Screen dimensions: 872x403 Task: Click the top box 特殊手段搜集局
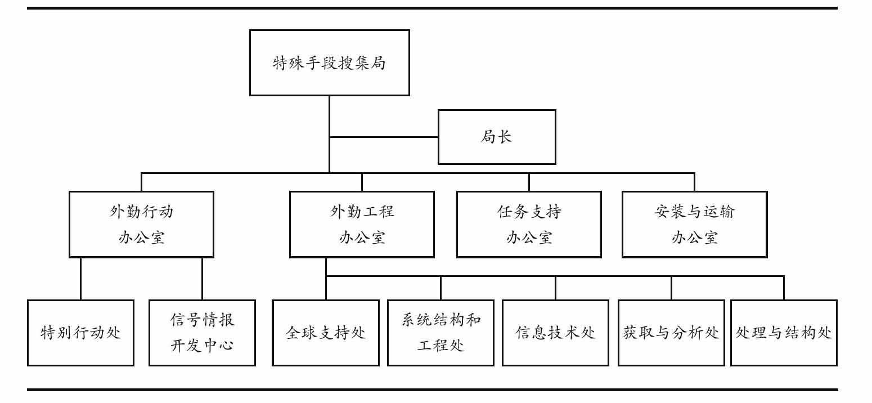click(329, 62)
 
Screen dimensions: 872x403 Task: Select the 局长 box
click(497, 137)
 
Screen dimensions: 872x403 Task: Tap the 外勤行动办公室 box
click(141, 224)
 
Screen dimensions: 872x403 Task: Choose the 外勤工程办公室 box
click(362, 224)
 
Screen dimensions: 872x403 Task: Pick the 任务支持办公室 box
click(529, 224)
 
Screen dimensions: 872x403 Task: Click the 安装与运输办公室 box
click(694, 224)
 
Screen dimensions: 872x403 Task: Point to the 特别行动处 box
click(80, 333)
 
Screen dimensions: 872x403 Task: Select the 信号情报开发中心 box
click(202, 333)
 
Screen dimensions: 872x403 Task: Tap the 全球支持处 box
click(326, 333)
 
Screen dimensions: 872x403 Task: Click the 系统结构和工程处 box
click(441, 333)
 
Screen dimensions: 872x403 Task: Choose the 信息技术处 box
click(555, 333)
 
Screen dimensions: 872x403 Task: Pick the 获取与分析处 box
click(671, 333)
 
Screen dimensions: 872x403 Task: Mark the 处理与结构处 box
click(784, 333)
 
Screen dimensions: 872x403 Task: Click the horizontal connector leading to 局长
click(384, 137)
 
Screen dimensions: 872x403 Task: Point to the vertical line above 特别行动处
click(80, 279)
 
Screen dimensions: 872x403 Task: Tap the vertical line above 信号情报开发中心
click(202, 279)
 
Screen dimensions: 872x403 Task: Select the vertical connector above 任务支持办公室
click(529, 182)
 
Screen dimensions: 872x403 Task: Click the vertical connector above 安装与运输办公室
click(694, 182)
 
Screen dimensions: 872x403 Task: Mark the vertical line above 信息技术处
click(555, 288)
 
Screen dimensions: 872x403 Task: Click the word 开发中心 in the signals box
click(202, 346)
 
